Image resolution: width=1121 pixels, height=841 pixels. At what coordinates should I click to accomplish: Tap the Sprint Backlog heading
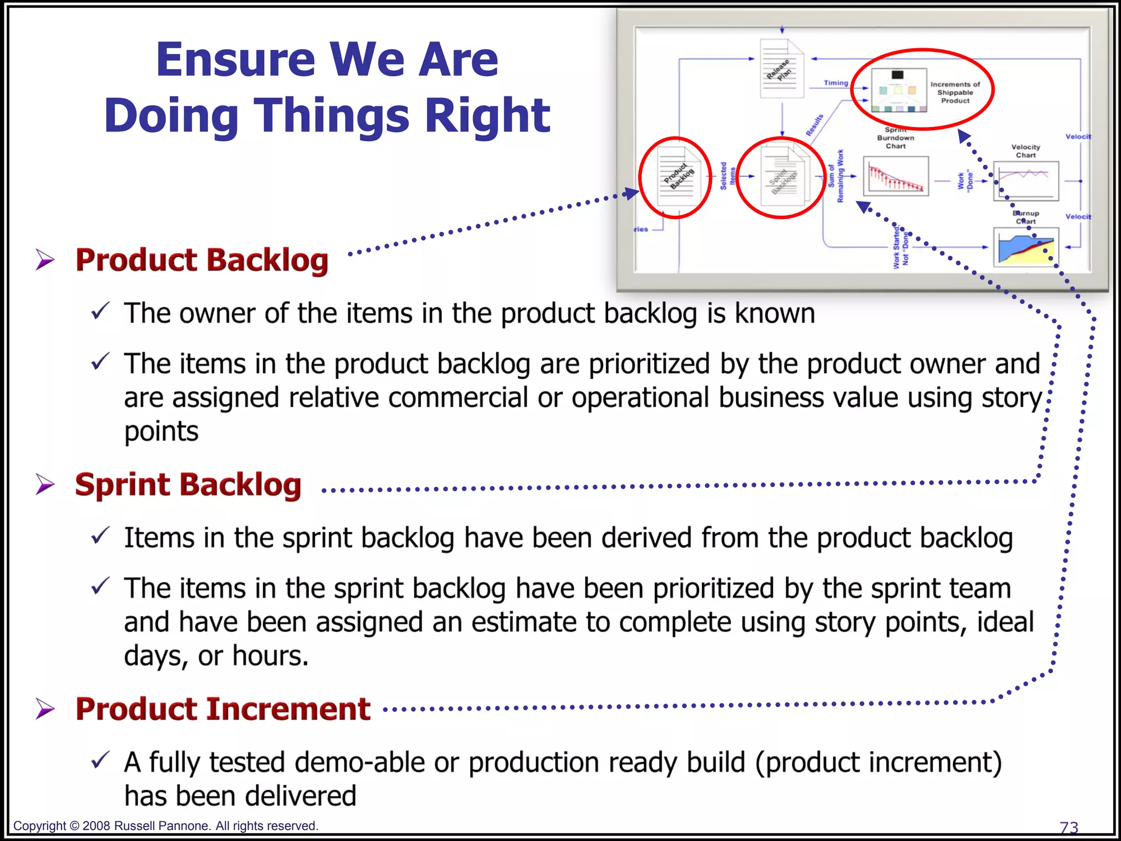[x=188, y=485]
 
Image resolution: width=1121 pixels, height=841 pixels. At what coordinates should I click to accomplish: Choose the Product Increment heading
[x=223, y=709]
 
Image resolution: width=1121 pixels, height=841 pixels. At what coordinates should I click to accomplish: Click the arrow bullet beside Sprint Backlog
[x=45, y=485]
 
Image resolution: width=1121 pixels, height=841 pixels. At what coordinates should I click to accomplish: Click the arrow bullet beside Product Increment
[x=45, y=709]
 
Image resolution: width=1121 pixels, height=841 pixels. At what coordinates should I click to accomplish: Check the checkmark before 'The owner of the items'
[x=101, y=312]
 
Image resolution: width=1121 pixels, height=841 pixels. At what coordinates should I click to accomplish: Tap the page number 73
[x=1068, y=827]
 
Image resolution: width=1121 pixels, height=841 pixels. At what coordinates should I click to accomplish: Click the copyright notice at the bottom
[x=165, y=826]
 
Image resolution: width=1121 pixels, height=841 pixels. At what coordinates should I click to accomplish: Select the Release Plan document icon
[x=782, y=69]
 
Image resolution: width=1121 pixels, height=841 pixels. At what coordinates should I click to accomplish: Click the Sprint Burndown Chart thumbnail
[x=895, y=176]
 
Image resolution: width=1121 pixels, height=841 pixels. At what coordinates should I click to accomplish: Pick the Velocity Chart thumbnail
[x=1025, y=181]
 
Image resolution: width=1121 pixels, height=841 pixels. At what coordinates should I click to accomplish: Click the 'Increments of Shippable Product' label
[x=955, y=93]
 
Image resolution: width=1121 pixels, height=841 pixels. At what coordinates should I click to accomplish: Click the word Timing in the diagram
[x=836, y=83]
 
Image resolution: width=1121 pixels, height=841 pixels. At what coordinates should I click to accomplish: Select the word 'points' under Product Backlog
[x=161, y=431]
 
